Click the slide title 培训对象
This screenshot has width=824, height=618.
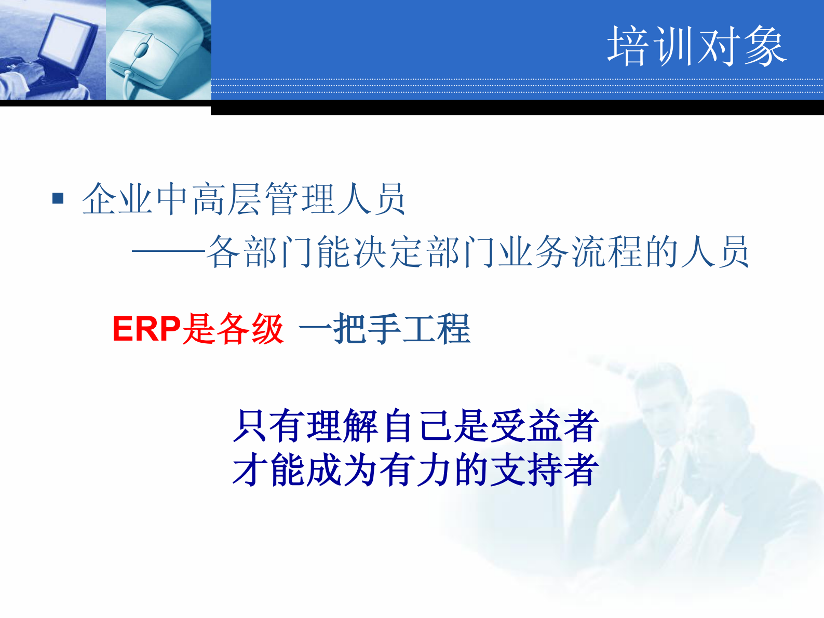(x=696, y=47)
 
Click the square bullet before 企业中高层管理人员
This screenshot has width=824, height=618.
(x=58, y=198)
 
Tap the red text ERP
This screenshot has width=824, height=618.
(x=146, y=329)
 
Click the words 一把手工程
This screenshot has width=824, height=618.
(x=385, y=329)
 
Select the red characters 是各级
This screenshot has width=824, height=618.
(x=233, y=329)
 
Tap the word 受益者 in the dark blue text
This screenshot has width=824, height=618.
(x=545, y=426)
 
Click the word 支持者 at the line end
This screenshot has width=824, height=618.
(x=545, y=470)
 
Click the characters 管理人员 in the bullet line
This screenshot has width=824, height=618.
(x=335, y=199)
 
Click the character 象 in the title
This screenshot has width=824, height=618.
(x=766, y=47)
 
